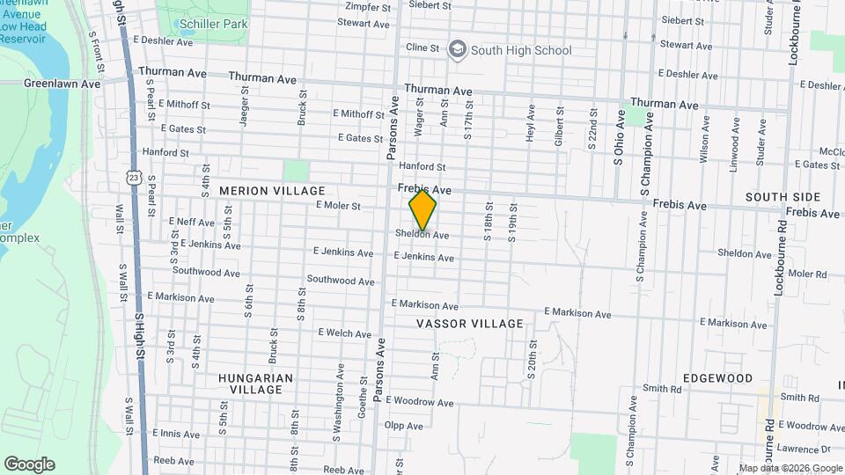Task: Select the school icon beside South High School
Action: coord(457,49)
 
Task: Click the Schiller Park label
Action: coord(212,25)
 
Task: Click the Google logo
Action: coord(29,464)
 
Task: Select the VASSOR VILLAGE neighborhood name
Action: coord(470,324)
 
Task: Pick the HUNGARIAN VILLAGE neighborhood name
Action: coord(255,384)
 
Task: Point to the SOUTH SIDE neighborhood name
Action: coord(783,197)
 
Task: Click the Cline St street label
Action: coord(422,47)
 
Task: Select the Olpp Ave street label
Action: coord(405,425)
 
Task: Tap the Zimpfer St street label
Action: coord(368,7)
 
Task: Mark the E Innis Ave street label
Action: coord(176,434)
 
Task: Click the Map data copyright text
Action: coord(790,468)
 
